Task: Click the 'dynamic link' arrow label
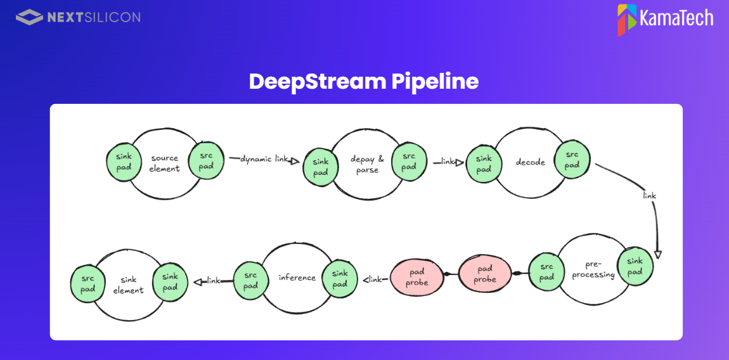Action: tap(264, 159)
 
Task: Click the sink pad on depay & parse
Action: tap(321, 167)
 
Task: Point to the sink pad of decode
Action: tap(484, 164)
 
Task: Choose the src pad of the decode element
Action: tap(572, 160)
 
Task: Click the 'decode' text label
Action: tap(530, 162)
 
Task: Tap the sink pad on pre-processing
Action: tap(635, 266)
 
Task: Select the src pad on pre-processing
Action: tap(546, 271)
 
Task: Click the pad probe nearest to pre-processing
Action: tap(485, 274)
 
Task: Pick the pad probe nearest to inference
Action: tap(416, 277)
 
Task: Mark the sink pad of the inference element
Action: tap(340, 279)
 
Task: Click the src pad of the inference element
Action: tap(251, 281)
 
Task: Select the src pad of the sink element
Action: tap(87, 284)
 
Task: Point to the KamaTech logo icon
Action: tap(626, 20)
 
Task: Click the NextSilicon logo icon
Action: tap(29, 17)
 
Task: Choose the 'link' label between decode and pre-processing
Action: tap(649, 196)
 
